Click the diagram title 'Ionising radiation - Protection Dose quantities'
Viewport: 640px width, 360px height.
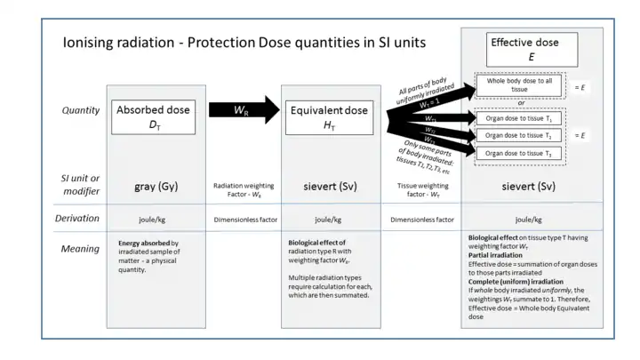pyautogui.click(x=244, y=43)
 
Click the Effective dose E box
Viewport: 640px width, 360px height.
pyautogui.click(x=532, y=51)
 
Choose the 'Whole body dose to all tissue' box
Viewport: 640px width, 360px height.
pyautogui.click(x=521, y=86)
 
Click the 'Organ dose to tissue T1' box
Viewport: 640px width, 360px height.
pyautogui.click(x=521, y=116)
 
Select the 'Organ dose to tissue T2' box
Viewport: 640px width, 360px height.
pyautogui.click(x=521, y=135)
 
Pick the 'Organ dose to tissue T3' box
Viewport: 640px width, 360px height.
pyautogui.click(x=521, y=153)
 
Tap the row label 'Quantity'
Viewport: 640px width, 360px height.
pyautogui.click(x=80, y=111)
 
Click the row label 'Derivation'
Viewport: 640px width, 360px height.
pyautogui.click(x=80, y=218)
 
